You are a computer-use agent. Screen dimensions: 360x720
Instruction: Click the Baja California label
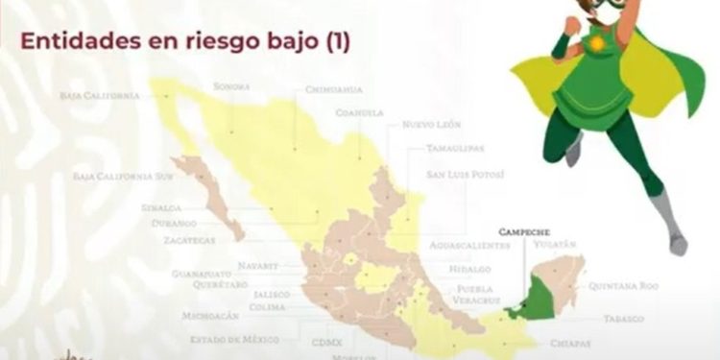coord(99,96)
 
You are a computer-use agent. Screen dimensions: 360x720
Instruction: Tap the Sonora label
coord(232,86)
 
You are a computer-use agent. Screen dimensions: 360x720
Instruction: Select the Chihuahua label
coord(333,89)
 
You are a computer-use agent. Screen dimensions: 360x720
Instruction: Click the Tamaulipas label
coord(455,150)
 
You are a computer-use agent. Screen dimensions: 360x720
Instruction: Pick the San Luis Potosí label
coord(465,175)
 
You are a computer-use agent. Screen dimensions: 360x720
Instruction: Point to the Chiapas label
coord(571,343)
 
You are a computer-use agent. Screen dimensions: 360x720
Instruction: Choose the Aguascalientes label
coord(469,246)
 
